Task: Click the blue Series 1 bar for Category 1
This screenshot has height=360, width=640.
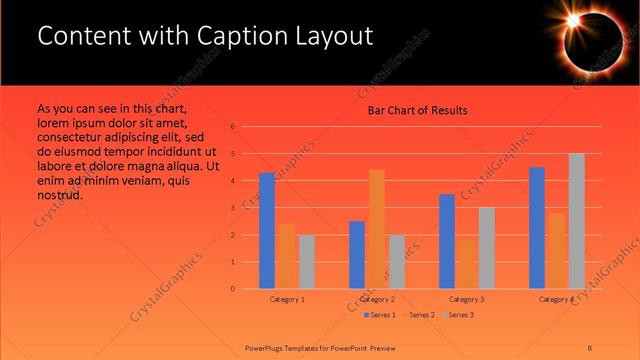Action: (267, 231)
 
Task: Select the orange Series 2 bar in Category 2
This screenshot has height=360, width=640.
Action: (377, 229)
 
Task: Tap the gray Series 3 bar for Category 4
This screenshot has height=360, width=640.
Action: (576, 221)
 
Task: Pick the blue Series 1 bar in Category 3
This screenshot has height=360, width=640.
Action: (447, 241)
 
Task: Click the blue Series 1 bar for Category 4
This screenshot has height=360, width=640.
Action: (537, 228)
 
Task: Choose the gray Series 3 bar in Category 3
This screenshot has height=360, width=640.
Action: (486, 248)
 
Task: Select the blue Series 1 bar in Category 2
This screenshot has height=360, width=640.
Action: (357, 255)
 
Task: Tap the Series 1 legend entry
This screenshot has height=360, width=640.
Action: (379, 315)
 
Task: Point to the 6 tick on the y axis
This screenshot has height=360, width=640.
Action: (232, 127)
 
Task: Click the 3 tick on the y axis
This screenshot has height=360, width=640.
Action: (232, 208)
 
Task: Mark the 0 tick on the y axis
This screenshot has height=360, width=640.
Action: (232, 289)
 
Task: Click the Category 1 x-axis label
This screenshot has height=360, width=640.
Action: (287, 300)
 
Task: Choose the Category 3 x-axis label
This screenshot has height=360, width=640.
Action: (467, 300)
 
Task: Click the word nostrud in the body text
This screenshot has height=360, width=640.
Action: (60, 195)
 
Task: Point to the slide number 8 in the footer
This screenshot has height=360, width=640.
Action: (590, 346)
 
